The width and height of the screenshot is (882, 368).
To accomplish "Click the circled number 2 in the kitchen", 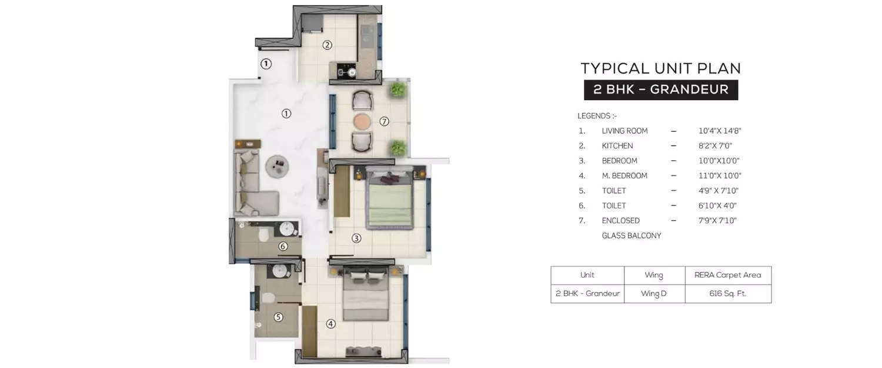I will [328, 45].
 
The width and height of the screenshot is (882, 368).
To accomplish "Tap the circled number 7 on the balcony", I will [384, 122].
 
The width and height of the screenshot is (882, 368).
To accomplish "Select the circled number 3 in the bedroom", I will [356, 238].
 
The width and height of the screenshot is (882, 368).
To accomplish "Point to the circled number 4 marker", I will [331, 323].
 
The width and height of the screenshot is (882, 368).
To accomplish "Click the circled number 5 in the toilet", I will [278, 317].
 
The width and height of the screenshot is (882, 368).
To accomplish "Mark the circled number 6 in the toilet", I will [283, 246].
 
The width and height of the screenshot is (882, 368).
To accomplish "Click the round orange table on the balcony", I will [362, 122].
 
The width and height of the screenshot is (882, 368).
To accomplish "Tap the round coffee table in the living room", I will [277, 165].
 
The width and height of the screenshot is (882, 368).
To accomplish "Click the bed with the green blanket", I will [389, 200].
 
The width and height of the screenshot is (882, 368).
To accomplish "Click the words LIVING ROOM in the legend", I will [624, 131].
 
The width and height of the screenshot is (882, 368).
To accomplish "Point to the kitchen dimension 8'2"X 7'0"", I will [715, 146].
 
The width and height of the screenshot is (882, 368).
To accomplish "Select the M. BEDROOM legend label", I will [624, 176].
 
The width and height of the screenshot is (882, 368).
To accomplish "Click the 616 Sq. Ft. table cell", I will [727, 293].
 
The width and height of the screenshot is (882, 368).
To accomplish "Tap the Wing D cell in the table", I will [654, 293].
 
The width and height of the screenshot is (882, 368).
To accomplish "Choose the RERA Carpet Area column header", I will [727, 275].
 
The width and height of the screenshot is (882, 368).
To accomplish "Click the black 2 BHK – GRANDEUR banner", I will [661, 90].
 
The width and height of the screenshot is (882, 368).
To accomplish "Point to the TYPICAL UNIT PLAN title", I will [661, 68].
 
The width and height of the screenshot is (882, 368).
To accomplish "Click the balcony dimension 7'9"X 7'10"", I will [717, 221].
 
